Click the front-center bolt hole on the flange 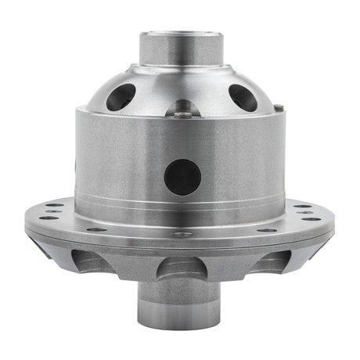(182, 234)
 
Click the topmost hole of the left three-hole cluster (56, 205)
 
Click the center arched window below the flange (181, 268)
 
